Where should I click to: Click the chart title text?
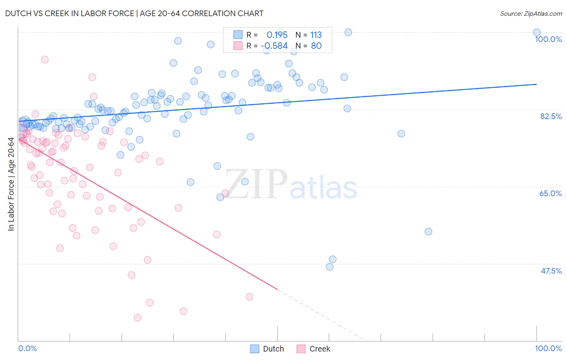click(134, 13)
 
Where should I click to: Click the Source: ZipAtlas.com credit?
click(531, 13)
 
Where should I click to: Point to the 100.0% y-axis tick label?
click(548, 39)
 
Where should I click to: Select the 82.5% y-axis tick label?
click(551, 116)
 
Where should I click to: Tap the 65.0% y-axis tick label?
click(550, 193)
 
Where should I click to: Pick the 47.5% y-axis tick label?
click(551, 271)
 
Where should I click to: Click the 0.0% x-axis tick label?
click(27, 348)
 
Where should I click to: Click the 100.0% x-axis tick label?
click(548, 348)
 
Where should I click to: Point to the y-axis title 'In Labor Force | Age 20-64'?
click(11, 184)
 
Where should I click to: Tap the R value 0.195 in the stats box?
click(277, 35)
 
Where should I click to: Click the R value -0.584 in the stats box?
click(274, 46)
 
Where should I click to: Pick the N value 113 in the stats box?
click(316, 35)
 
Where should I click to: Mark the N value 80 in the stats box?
click(316, 46)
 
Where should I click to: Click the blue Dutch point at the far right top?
click(537, 32)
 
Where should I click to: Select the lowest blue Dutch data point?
click(329, 267)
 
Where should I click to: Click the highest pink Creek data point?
click(45, 59)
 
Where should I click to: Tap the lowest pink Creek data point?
click(138, 318)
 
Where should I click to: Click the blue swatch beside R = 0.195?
click(238, 35)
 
